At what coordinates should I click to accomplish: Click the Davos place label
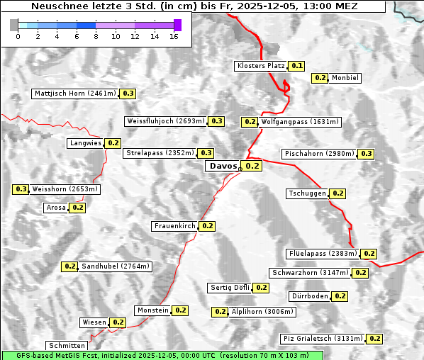pyautogui.click(x=223, y=166)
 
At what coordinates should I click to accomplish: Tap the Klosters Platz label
pyautogui.click(x=260, y=66)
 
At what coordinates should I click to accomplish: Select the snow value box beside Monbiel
pyautogui.click(x=320, y=78)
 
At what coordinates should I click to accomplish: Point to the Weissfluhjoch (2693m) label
pyautogui.click(x=165, y=121)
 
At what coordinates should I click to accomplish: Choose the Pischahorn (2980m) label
pyautogui.click(x=318, y=154)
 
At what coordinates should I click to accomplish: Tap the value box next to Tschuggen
pyautogui.click(x=338, y=193)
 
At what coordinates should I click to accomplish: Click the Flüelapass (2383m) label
pyautogui.click(x=322, y=254)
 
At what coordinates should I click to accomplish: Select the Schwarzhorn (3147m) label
pyautogui.click(x=310, y=273)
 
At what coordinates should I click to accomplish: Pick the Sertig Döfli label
pyautogui.click(x=230, y=288)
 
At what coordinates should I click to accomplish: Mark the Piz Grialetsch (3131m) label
pyautogui.click(x=322, y=339)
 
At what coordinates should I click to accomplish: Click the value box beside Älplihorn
pyautogui.click(x=220, y=312)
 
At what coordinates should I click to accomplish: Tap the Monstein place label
pyautogui.click(x=153, y=310)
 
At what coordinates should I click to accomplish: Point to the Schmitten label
pyautogui.click(x=68, y=345)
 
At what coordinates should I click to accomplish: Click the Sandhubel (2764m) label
pyautogui.click(x=116, y=266)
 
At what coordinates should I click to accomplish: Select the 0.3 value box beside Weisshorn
pyautogui.click(x=21, y=189)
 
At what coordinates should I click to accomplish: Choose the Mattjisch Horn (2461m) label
pyautogui.click(x=74, y=94)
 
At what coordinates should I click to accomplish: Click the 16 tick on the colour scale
pyautogui.click(x=174, y=36)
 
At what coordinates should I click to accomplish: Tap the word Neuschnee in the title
pyautogui.click(x=57, y=6)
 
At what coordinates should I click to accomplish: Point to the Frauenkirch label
pyautogui.click(x=174, y=226)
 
